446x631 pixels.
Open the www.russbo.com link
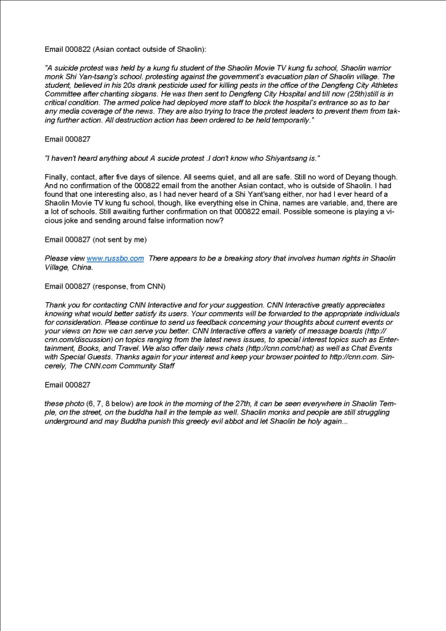[x=115, y=258]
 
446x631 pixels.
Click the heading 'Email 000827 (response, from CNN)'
[x=105, y=286]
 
